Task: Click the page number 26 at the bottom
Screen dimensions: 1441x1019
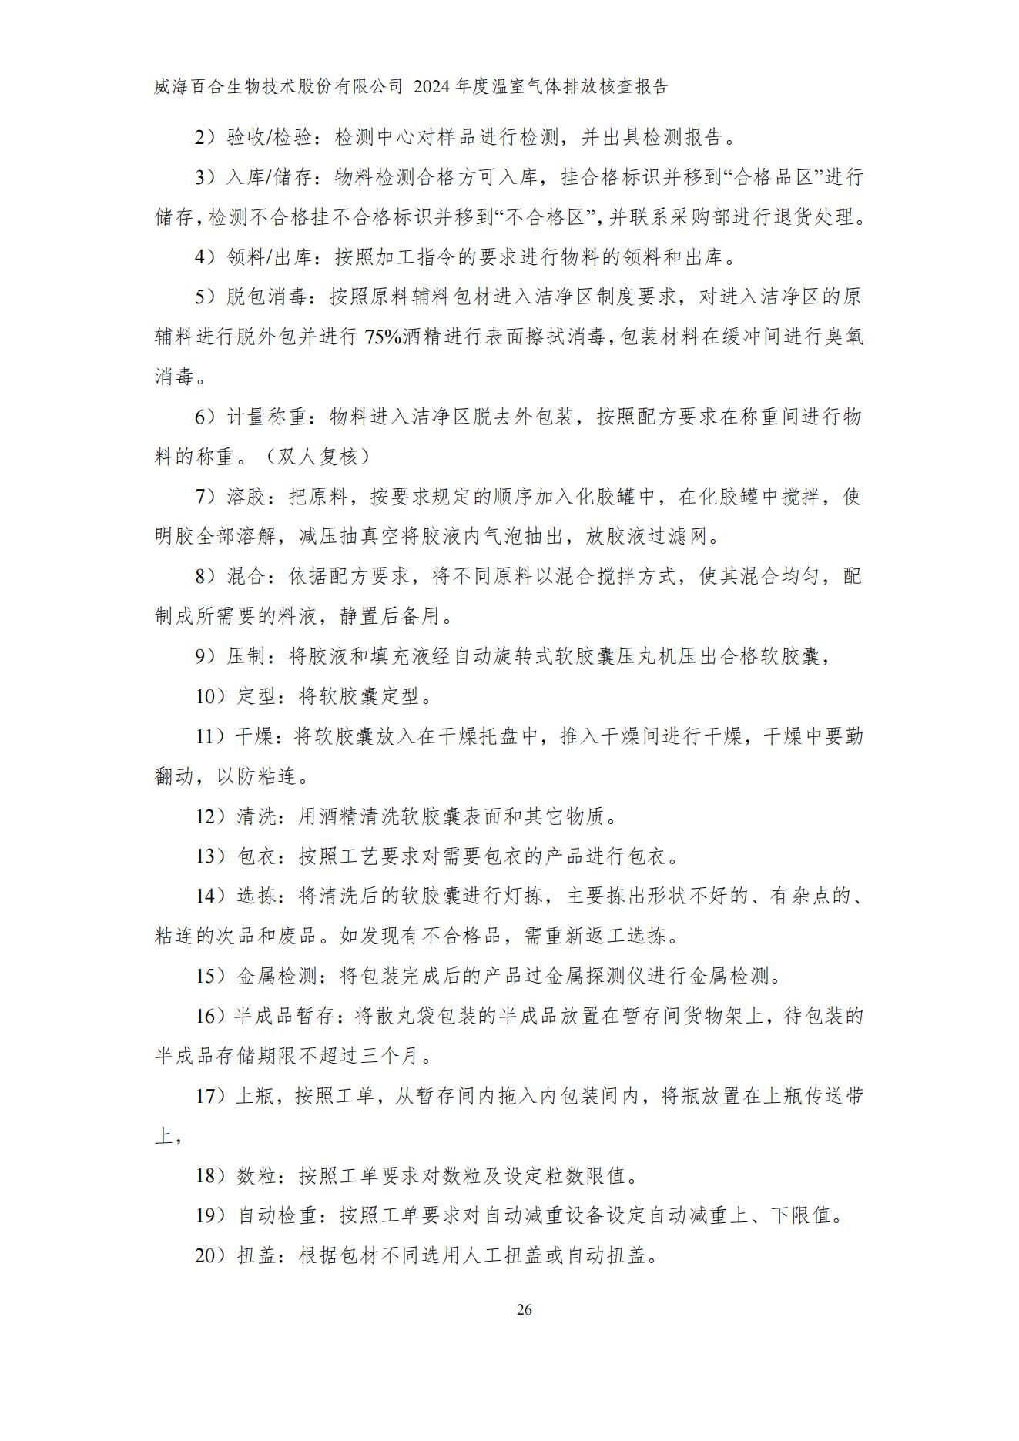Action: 524,1310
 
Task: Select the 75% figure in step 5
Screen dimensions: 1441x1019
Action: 383,337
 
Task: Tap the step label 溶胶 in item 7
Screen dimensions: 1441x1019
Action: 246,497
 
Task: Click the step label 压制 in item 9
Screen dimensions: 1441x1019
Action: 246,657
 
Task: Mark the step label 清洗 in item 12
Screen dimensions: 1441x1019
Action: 256,816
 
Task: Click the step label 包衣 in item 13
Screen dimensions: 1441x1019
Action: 256,856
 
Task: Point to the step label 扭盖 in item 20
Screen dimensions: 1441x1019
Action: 256,1256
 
